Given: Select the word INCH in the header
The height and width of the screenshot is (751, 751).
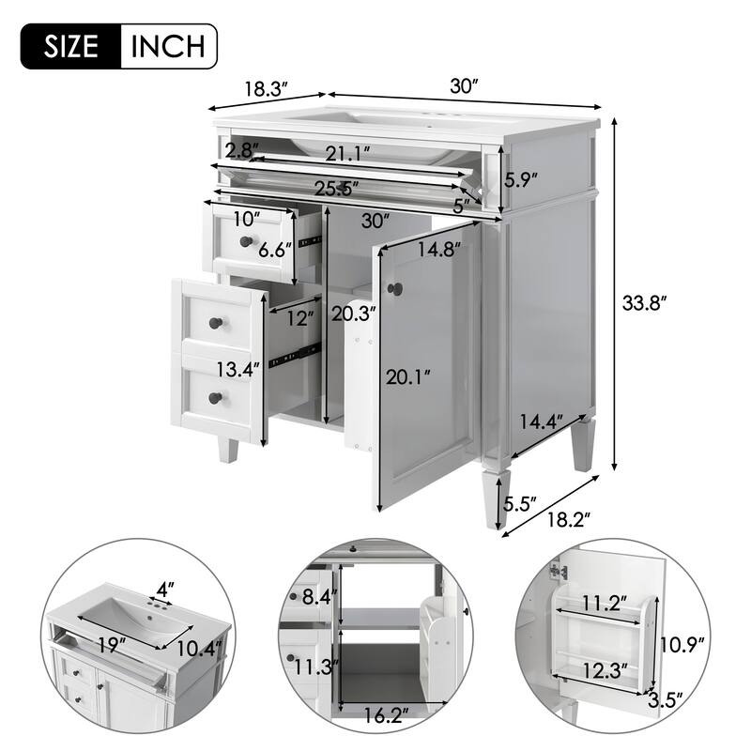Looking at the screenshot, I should tap(168, 44).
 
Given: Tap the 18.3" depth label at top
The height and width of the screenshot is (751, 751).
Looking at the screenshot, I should tap(266, 89).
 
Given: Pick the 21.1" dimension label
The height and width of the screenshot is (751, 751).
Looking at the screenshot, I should tap(347, 151).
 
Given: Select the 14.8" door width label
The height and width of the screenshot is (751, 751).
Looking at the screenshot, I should tap(439, 250).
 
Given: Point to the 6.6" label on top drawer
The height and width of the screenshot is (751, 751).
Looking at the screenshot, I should tap(276, 249).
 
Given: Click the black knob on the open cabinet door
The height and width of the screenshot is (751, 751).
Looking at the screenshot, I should tap(396, 288).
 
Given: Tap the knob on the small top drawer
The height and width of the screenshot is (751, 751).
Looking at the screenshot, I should tap(246, 241).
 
